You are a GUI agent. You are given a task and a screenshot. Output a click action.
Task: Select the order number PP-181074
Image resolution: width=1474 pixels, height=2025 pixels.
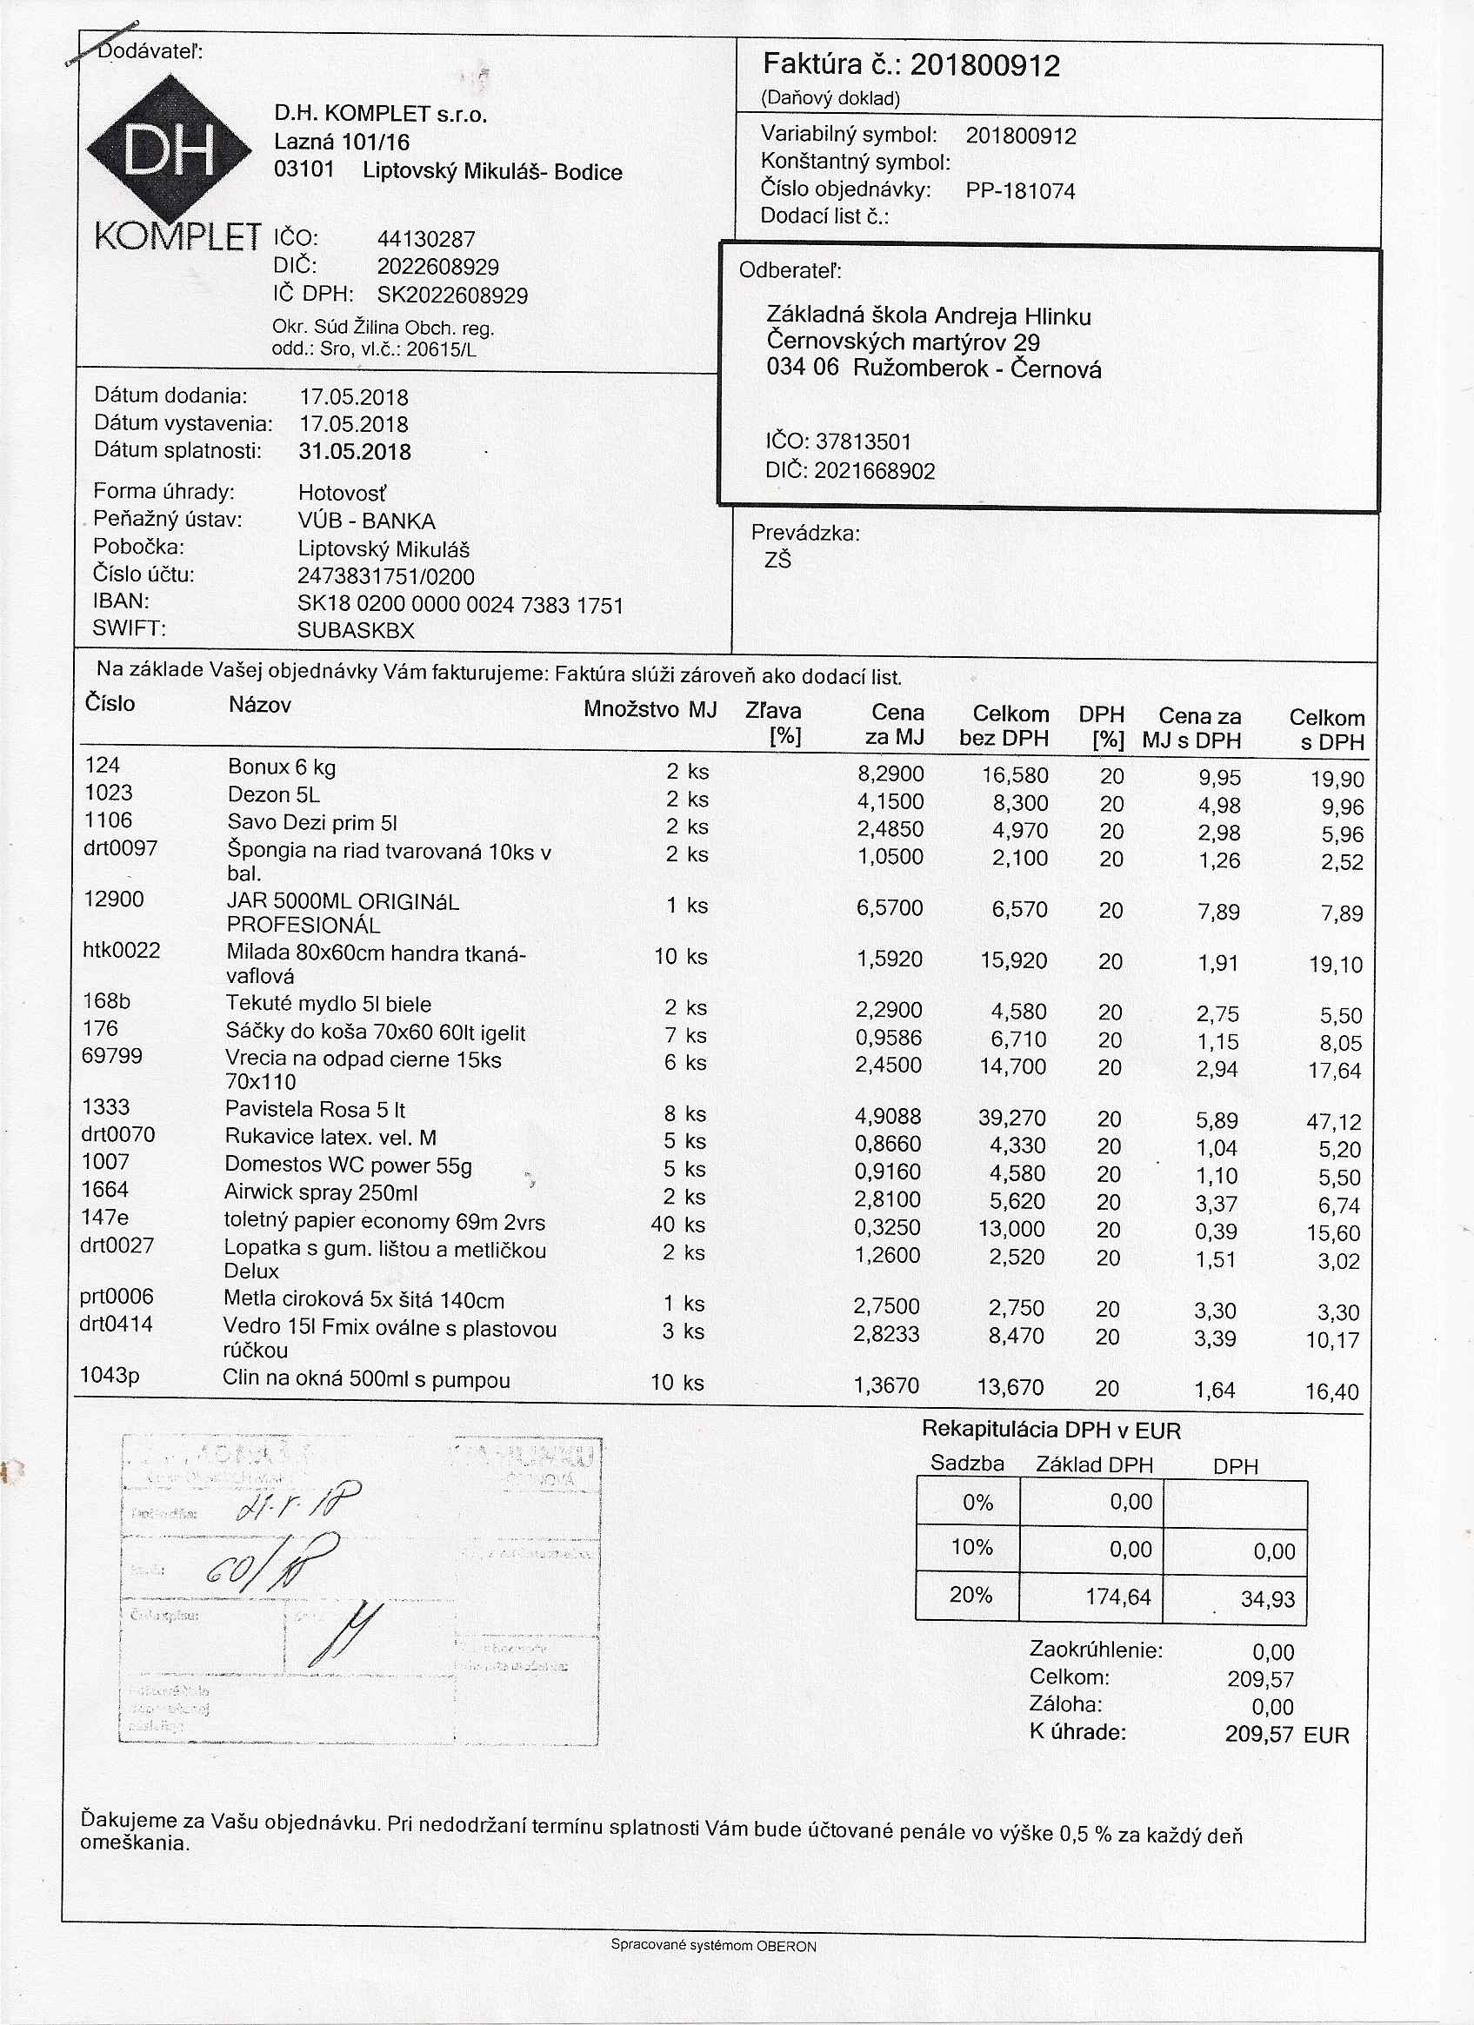[1020, 190]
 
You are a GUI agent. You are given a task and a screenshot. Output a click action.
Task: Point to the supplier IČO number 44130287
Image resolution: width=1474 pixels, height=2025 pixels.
[426, 239]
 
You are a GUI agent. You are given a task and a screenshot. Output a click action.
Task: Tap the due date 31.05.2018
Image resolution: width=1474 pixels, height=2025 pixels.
[355, 452]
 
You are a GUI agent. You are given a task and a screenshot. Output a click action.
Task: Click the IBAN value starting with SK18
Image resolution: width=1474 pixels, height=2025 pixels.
[460, 606]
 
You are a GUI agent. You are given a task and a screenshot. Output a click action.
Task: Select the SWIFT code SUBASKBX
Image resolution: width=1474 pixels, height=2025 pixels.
[356, 630]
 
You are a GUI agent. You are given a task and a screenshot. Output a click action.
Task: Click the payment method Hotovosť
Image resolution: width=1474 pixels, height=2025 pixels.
[342, 493]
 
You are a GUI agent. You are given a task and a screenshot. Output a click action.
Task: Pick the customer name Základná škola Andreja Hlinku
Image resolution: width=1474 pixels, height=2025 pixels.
[928, 316]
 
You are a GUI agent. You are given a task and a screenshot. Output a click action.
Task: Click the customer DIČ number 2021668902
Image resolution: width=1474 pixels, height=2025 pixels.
[875, 470]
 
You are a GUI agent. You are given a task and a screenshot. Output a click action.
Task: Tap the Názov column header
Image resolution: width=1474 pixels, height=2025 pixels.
[260, 706]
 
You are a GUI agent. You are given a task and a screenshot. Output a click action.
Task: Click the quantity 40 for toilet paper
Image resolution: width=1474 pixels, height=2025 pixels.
[663, 1224]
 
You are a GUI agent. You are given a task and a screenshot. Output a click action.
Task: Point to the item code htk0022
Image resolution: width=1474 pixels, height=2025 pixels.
[122, 950]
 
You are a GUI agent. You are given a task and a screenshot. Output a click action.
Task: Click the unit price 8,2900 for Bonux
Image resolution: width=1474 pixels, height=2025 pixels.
[890, 773]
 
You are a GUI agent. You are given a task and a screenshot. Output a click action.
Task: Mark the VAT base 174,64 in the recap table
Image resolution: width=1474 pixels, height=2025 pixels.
[1117, 1597]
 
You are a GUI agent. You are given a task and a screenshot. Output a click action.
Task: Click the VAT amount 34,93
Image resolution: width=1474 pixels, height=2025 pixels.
[1267, 1599]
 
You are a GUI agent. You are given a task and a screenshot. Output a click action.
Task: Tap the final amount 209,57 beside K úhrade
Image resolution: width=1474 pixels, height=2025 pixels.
[1259, 1734]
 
